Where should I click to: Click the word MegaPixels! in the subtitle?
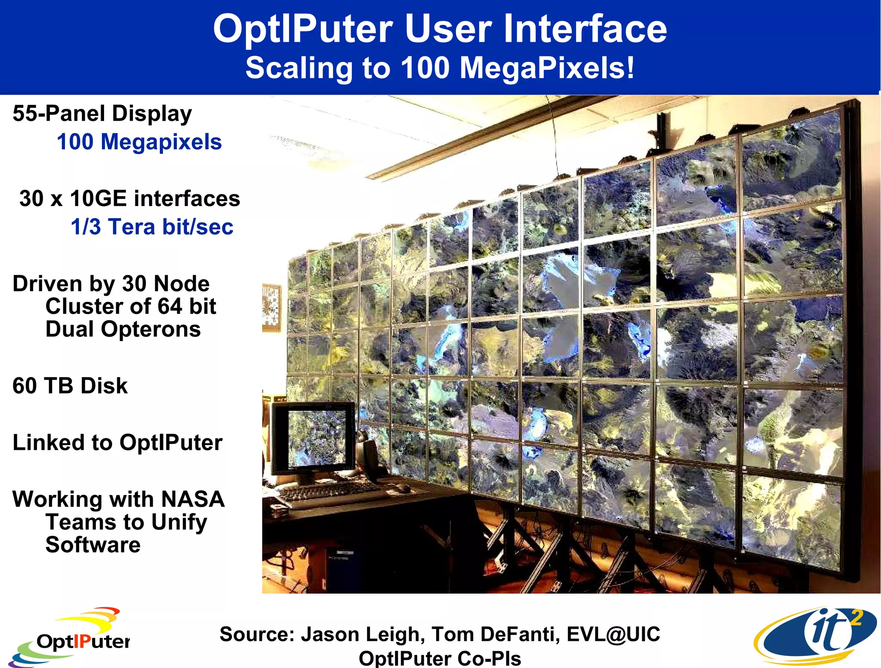(547, 68)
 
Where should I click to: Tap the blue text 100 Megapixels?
(139, 142)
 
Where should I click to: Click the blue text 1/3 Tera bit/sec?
(152, 227)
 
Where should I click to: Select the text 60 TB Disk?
(70, 385)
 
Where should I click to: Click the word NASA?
(193, 499)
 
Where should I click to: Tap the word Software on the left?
(93, 545)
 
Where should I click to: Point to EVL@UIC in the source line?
(613, 634)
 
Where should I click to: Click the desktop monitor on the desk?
(314, 439)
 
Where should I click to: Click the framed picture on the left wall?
(271, 307)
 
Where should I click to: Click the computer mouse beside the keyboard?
(404, 487)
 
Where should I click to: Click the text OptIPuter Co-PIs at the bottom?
(440, 658)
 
